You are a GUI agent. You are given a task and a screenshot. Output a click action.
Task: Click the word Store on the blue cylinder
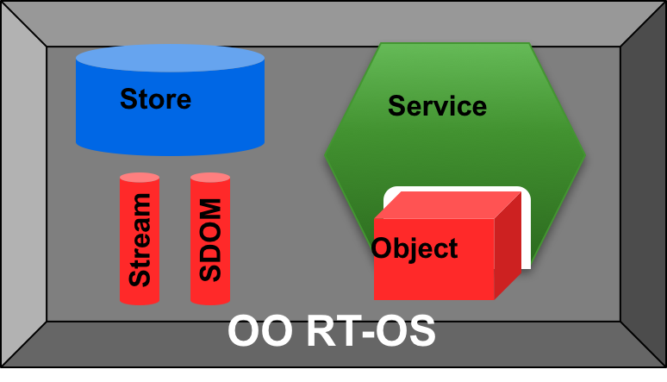[x=155, y=99]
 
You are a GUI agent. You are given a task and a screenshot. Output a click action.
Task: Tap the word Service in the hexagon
[x=437, y=106]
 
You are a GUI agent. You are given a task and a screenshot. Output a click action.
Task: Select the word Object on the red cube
[x=415, y=249]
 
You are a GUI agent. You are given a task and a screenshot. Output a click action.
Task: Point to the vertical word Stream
[x=140, y=240]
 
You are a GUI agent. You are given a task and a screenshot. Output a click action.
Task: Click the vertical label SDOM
[x=210, y=240]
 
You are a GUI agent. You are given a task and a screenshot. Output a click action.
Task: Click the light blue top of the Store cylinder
[x=170, y=59]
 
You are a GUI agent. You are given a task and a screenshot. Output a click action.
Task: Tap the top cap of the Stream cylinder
[x=140, y=178]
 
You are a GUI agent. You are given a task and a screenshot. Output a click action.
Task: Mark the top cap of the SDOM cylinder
[x=210, y=178]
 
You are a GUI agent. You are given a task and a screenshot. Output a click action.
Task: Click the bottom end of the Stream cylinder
[x=140, y=300]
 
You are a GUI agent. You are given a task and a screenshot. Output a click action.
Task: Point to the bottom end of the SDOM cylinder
[x=210, y=300]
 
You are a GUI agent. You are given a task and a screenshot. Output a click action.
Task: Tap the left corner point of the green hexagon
[x=327, y=155]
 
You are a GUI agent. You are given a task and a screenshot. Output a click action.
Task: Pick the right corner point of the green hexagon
[x=585, y=155]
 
